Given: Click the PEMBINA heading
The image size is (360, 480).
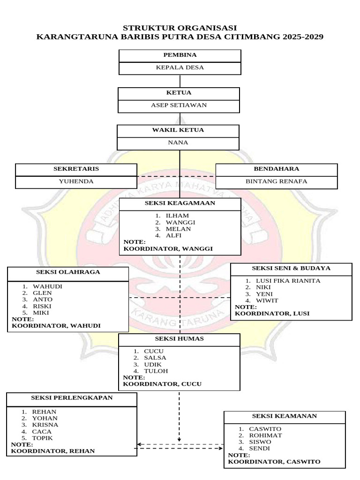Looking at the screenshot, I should [x=180, y=55].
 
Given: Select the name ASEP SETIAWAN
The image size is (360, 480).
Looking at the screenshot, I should [x=179, y=105].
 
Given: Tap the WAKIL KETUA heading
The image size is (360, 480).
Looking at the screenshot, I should [x=178, y=130].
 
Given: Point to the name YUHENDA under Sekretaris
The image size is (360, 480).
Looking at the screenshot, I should [x=76, y=181].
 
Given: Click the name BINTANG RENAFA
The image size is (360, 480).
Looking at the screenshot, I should [x=277, y=181].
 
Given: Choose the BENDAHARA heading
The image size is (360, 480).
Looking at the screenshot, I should [x=277, y=168].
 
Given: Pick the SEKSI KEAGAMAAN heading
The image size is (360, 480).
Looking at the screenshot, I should [x=180, y=203].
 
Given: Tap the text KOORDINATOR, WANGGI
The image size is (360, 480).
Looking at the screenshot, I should [x=168, y=248].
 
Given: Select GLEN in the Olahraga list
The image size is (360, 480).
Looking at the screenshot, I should [x=39, y=292].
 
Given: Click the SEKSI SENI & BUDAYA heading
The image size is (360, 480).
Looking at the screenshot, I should [x=291, y=268].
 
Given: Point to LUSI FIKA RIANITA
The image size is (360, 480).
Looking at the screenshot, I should [x=288, y=281].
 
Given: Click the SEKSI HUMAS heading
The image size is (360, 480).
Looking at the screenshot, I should [x=180, y=339].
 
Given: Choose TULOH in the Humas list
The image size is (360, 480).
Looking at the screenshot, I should [x=156, y=371].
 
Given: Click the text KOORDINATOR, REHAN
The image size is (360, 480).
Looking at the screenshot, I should [x=53, y=451].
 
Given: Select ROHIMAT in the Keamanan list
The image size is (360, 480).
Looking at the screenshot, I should [x=265, y=435].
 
